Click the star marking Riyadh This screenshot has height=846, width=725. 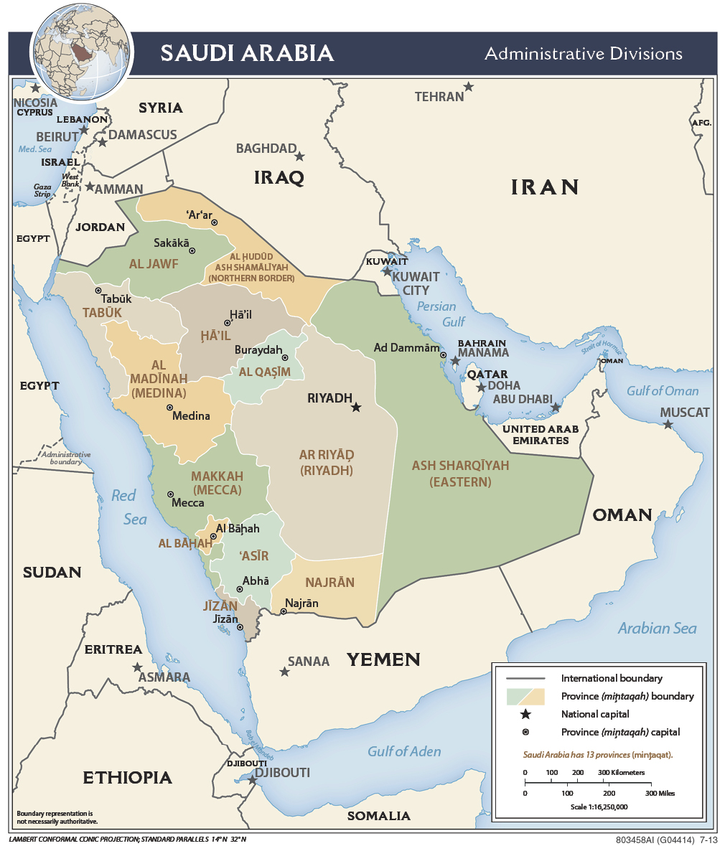click(355, 407)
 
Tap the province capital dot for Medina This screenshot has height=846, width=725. click(170, 407)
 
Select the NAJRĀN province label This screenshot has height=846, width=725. click(330, 582)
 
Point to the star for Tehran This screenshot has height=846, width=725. click(468, 87)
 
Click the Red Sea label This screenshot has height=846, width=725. click(128, 507)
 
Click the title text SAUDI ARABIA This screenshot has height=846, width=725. click(247, 53)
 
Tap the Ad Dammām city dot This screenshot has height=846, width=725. click(444, 354)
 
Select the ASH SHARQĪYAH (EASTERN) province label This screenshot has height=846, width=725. click(460, 474)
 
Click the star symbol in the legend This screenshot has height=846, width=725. click(525, 714)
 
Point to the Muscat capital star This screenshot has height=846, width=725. click(668, 425)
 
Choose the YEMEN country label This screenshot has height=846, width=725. click(383, 659)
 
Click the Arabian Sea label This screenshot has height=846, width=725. click(657, 629)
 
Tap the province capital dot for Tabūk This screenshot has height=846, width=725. click(98, 291)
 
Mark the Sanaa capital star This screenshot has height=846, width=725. click(284, 672)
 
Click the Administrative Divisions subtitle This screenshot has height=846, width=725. click(583, 54)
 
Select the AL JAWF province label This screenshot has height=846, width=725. click(154, 263)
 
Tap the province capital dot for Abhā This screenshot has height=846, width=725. click(240, 589)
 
